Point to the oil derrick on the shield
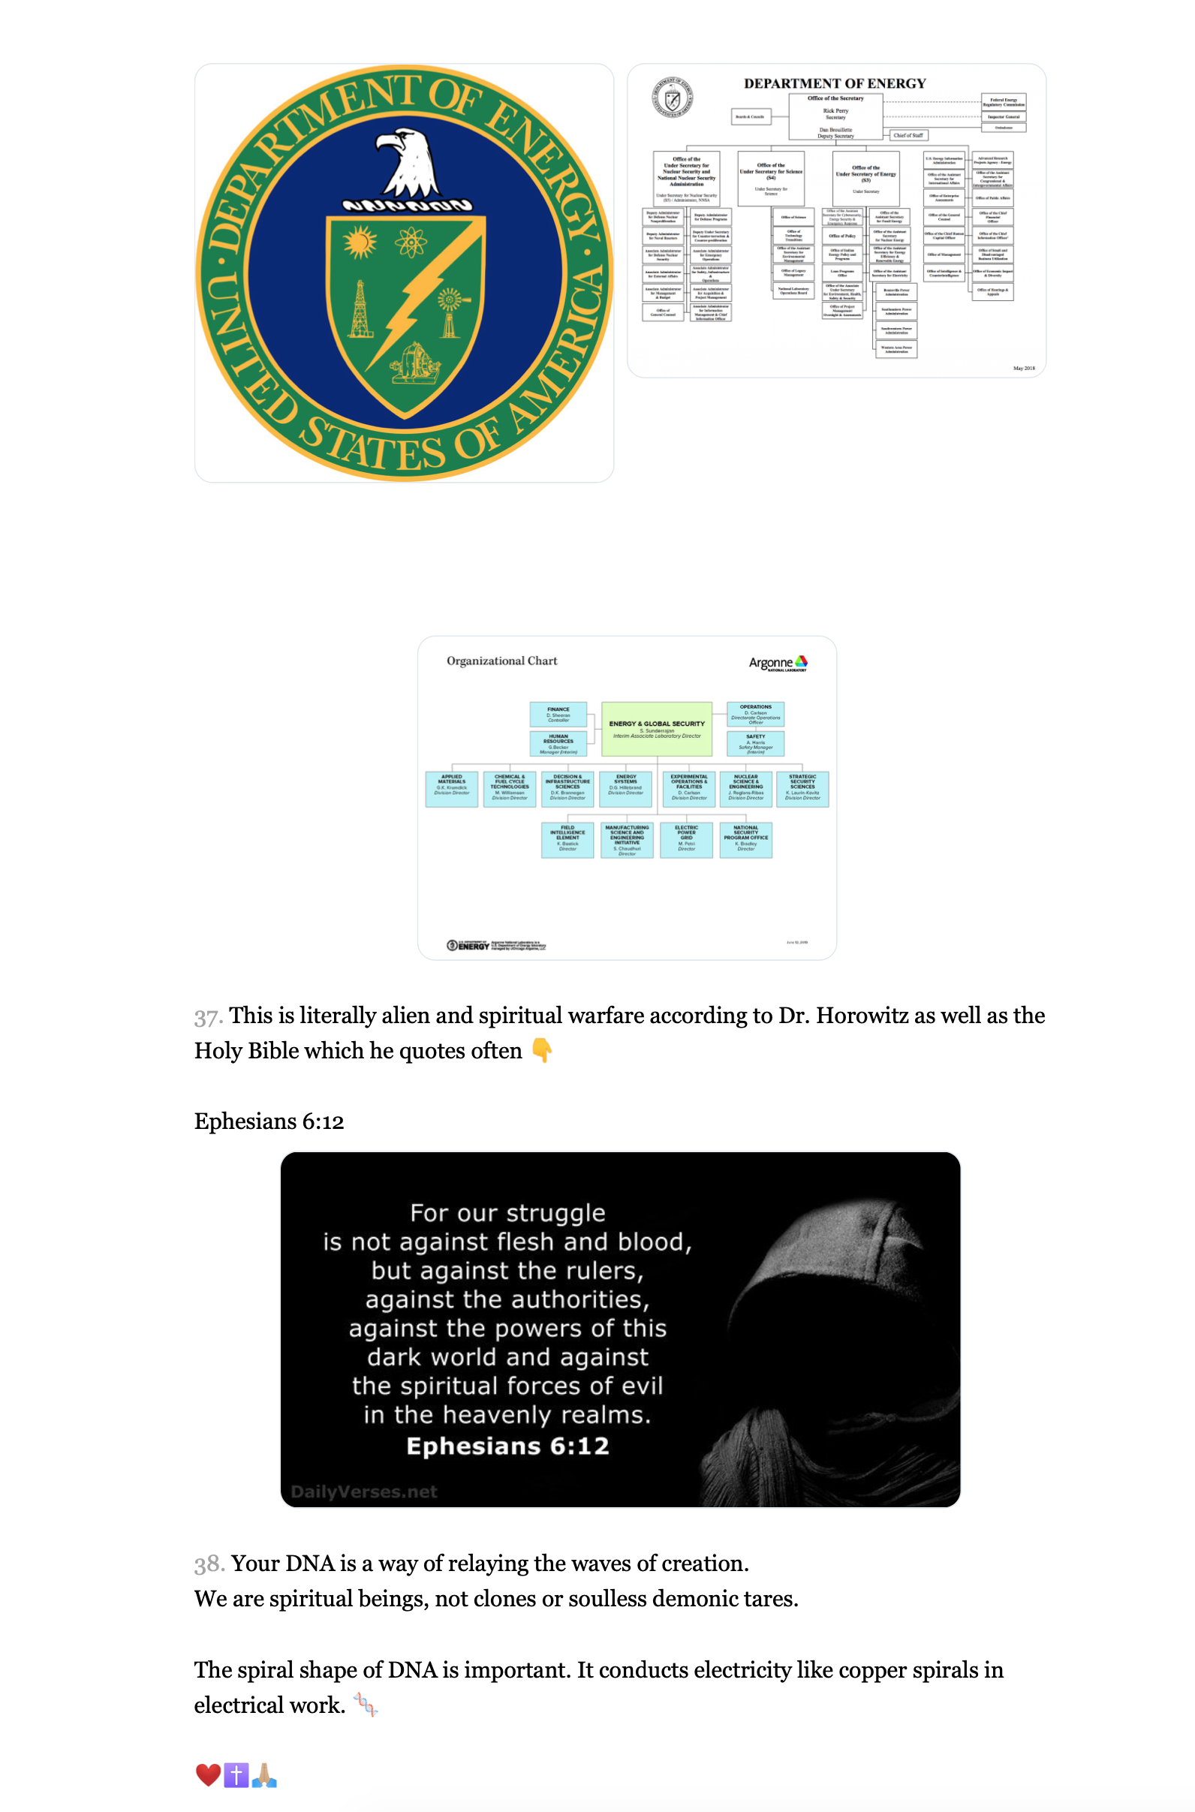coord(360,309)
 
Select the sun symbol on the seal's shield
coord(359,242)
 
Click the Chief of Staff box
coord(908,135)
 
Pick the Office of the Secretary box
coord(835,116)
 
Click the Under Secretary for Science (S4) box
coord(770,178)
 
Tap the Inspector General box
coord(1003,116)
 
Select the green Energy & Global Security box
coord(656,728)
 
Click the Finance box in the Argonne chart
coord(558,714)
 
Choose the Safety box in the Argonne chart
coord(755,743)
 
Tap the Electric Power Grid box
coord(686,839)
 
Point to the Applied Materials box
coord(451,788)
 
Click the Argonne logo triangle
coord(801,661)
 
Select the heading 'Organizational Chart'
coord(501,661)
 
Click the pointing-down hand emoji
coord(541,1050)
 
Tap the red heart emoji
coord(207,1774)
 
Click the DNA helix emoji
coord(366,1705)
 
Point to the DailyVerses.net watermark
coord(363,1491)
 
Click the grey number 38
coord(209,1564)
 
